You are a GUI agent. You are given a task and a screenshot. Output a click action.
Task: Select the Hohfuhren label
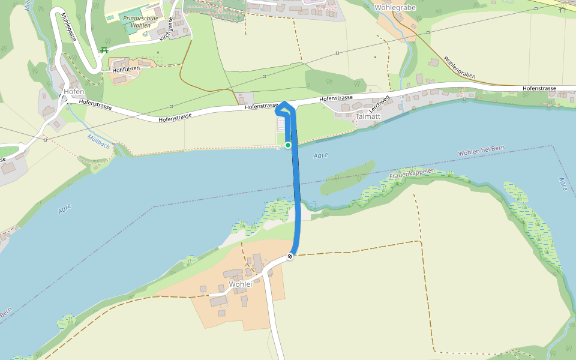point(126,70)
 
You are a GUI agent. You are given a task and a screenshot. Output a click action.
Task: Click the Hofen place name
point(73,92)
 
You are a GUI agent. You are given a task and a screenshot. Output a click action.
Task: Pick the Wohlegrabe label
point(395,8)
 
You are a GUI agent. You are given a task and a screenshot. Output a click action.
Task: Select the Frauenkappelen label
point(412,175)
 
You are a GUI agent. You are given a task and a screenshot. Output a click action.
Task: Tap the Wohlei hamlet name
point(239,284)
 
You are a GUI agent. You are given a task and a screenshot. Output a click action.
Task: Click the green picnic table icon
point(104,50)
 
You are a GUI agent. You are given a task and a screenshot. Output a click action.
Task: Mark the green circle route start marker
point(288,145)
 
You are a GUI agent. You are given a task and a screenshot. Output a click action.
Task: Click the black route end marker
point(290,256)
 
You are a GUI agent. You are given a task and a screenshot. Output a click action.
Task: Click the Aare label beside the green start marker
point(322,156)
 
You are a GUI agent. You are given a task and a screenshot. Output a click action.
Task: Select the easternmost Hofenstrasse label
point(539,89)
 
